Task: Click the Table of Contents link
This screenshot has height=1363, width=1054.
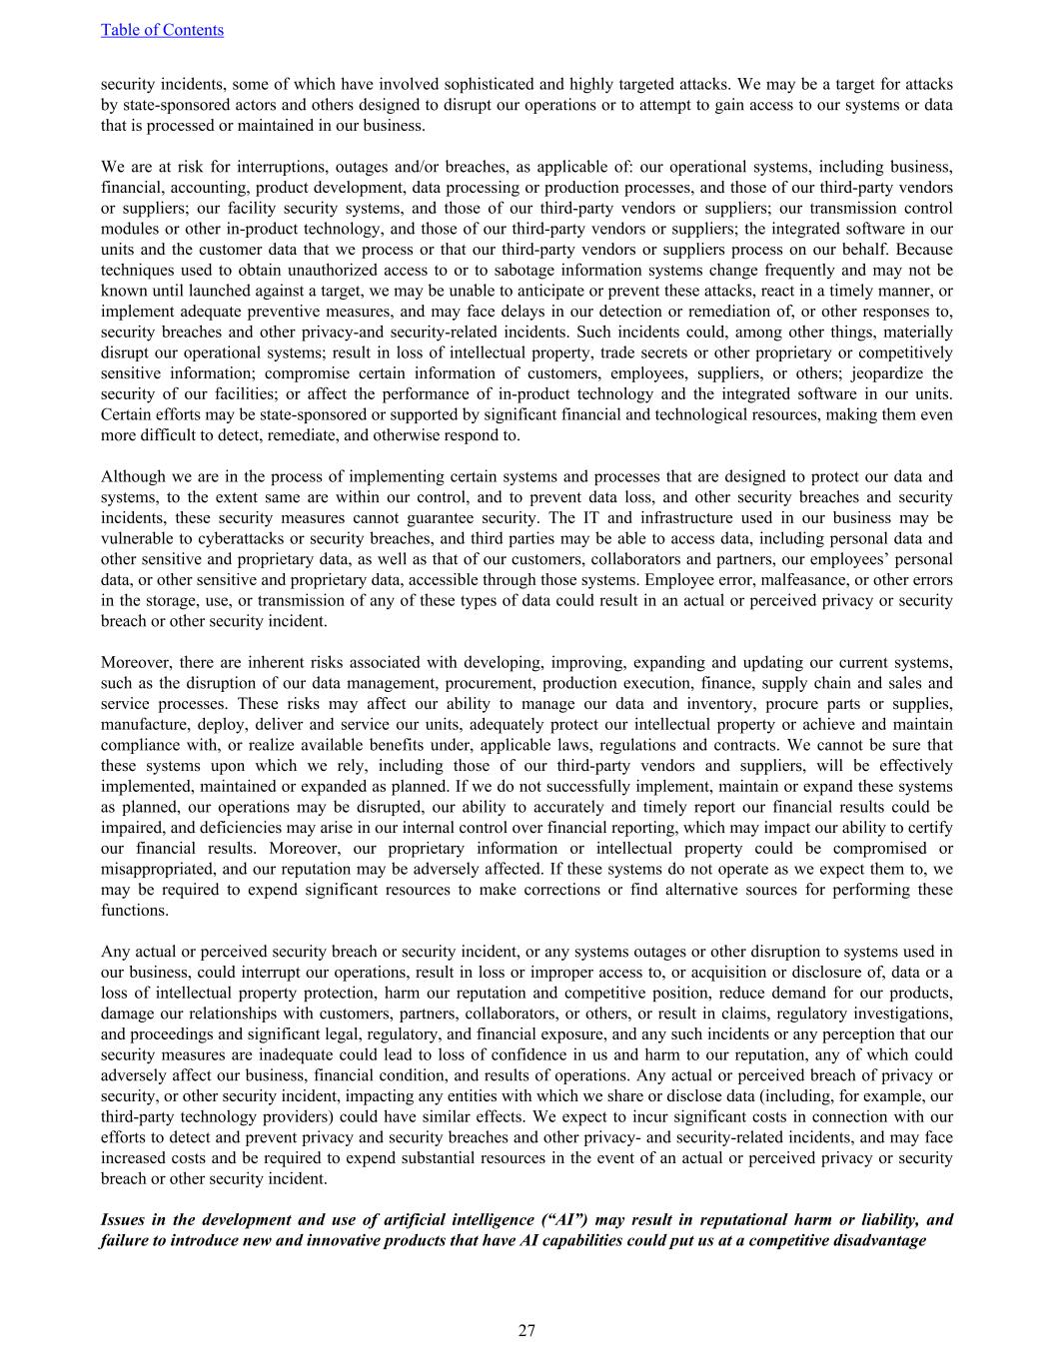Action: coord(162,30)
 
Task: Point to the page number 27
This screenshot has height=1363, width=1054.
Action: coord(527,1330)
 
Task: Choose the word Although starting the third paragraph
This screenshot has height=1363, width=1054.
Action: coord(135,477)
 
